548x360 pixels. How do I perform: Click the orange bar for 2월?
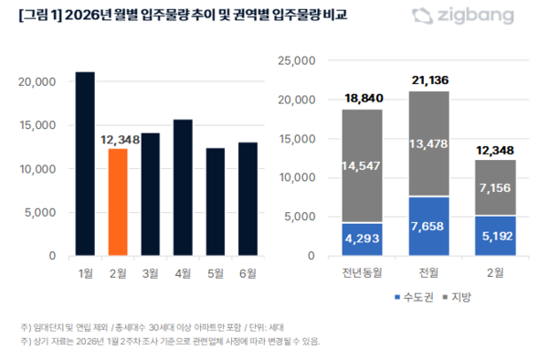pos(117,203)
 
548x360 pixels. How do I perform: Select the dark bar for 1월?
pos(85,164)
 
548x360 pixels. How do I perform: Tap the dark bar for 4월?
pos(183,188)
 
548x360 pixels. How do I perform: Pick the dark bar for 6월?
pos(248,200)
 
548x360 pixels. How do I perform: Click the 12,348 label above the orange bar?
pos(117,140)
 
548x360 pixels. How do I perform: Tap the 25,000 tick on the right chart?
pos(295,60)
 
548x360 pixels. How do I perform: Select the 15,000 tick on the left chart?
pos(37,125)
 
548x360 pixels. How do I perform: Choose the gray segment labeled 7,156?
pos(495,187)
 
